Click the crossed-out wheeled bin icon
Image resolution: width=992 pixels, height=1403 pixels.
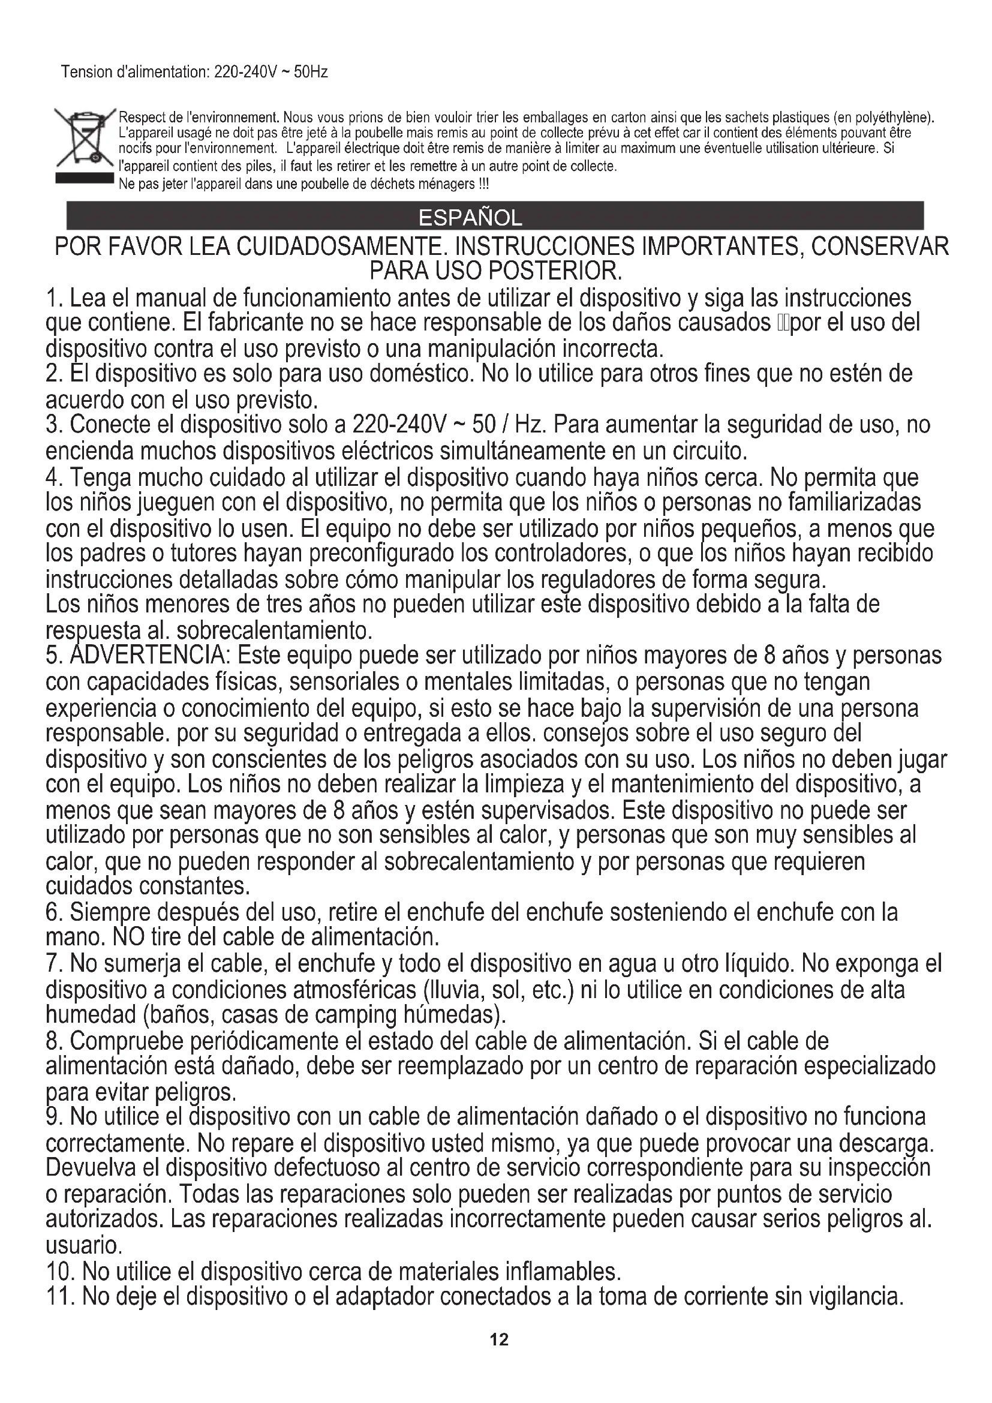(84, 137)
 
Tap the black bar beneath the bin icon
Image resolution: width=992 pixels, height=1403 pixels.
(84, 178)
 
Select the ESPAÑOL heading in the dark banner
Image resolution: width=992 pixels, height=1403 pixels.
(470, 218)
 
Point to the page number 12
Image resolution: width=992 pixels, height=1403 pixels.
(499, 1339)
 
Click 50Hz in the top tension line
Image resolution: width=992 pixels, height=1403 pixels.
(311, 72)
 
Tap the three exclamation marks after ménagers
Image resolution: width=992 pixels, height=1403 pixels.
(484, 184)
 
